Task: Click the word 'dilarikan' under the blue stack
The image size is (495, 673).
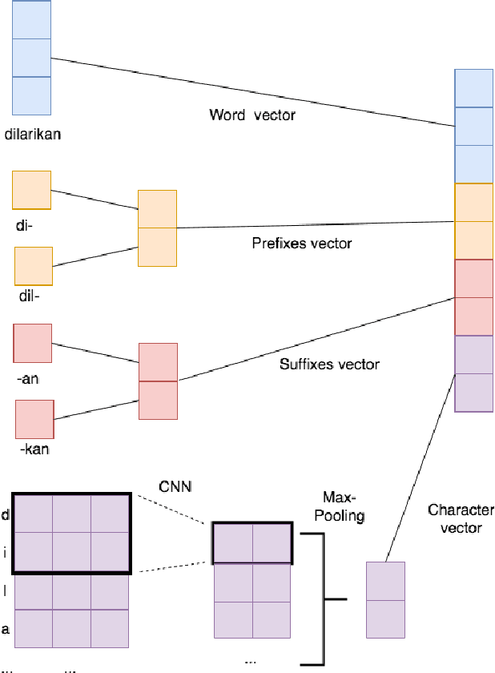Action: (32, 134)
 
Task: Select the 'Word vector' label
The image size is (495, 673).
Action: (252, 115)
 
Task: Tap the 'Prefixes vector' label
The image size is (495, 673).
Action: (301, 242)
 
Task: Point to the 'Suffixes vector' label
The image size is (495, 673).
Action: (329, 364)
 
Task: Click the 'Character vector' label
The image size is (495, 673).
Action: (461, 518)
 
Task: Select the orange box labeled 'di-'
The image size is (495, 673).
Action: (32, 190)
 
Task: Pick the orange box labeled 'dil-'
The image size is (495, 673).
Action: (34, 266)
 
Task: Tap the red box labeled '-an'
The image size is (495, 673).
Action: (33, 343)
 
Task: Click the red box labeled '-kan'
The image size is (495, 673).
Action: (34, 419)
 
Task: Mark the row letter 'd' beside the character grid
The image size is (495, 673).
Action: (6, 514)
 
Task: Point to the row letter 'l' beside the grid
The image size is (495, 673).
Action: (6, 591)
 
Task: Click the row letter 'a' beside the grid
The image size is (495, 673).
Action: (6, 629)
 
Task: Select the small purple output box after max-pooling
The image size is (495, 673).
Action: (386, 599)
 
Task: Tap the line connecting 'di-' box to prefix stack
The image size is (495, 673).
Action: (95, 199)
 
